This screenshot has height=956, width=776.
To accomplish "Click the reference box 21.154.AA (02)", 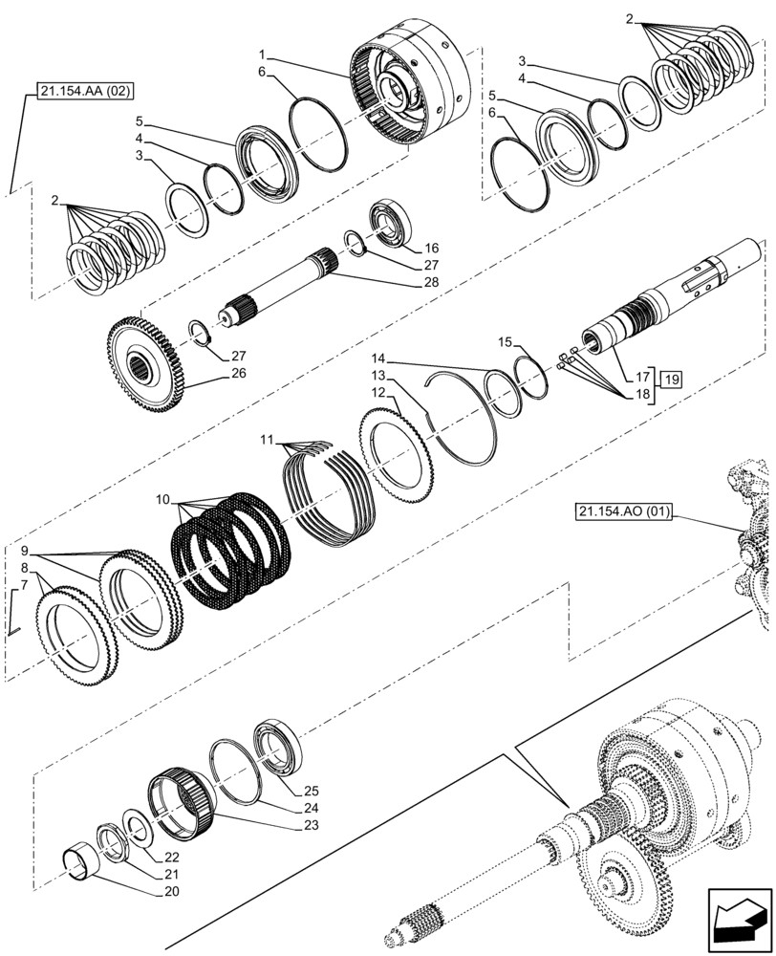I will point(86,93).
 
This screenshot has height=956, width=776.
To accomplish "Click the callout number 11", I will point(268,440).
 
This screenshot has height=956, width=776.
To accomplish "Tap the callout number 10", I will point(163,500).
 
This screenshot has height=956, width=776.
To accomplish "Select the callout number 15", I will point(505,341).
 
